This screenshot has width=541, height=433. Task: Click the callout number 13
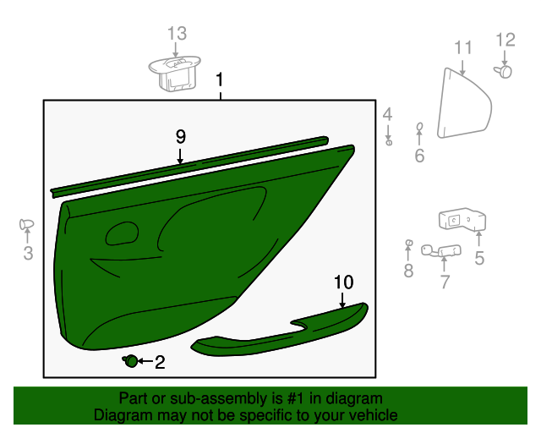click(176, 34)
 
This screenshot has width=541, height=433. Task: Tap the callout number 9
click(180, 136)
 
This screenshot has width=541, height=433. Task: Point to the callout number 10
click(343, 282)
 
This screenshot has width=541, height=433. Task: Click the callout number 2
click(159, 363)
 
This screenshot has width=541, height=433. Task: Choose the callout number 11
click(463, 48)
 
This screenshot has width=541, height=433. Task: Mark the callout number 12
click(505, 39)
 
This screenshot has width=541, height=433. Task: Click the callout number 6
click(419, 156)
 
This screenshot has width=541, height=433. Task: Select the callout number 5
click(479, 259)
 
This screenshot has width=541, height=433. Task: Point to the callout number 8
click(408, 271)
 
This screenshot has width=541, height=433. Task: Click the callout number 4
click(387, 114)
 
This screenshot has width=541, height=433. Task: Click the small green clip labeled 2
click(132, 362)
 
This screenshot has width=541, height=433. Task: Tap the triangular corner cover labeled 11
click(462, 106)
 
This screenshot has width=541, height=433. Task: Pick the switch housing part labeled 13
click(176, 71)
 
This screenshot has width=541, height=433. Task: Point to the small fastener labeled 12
click(505, 72)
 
